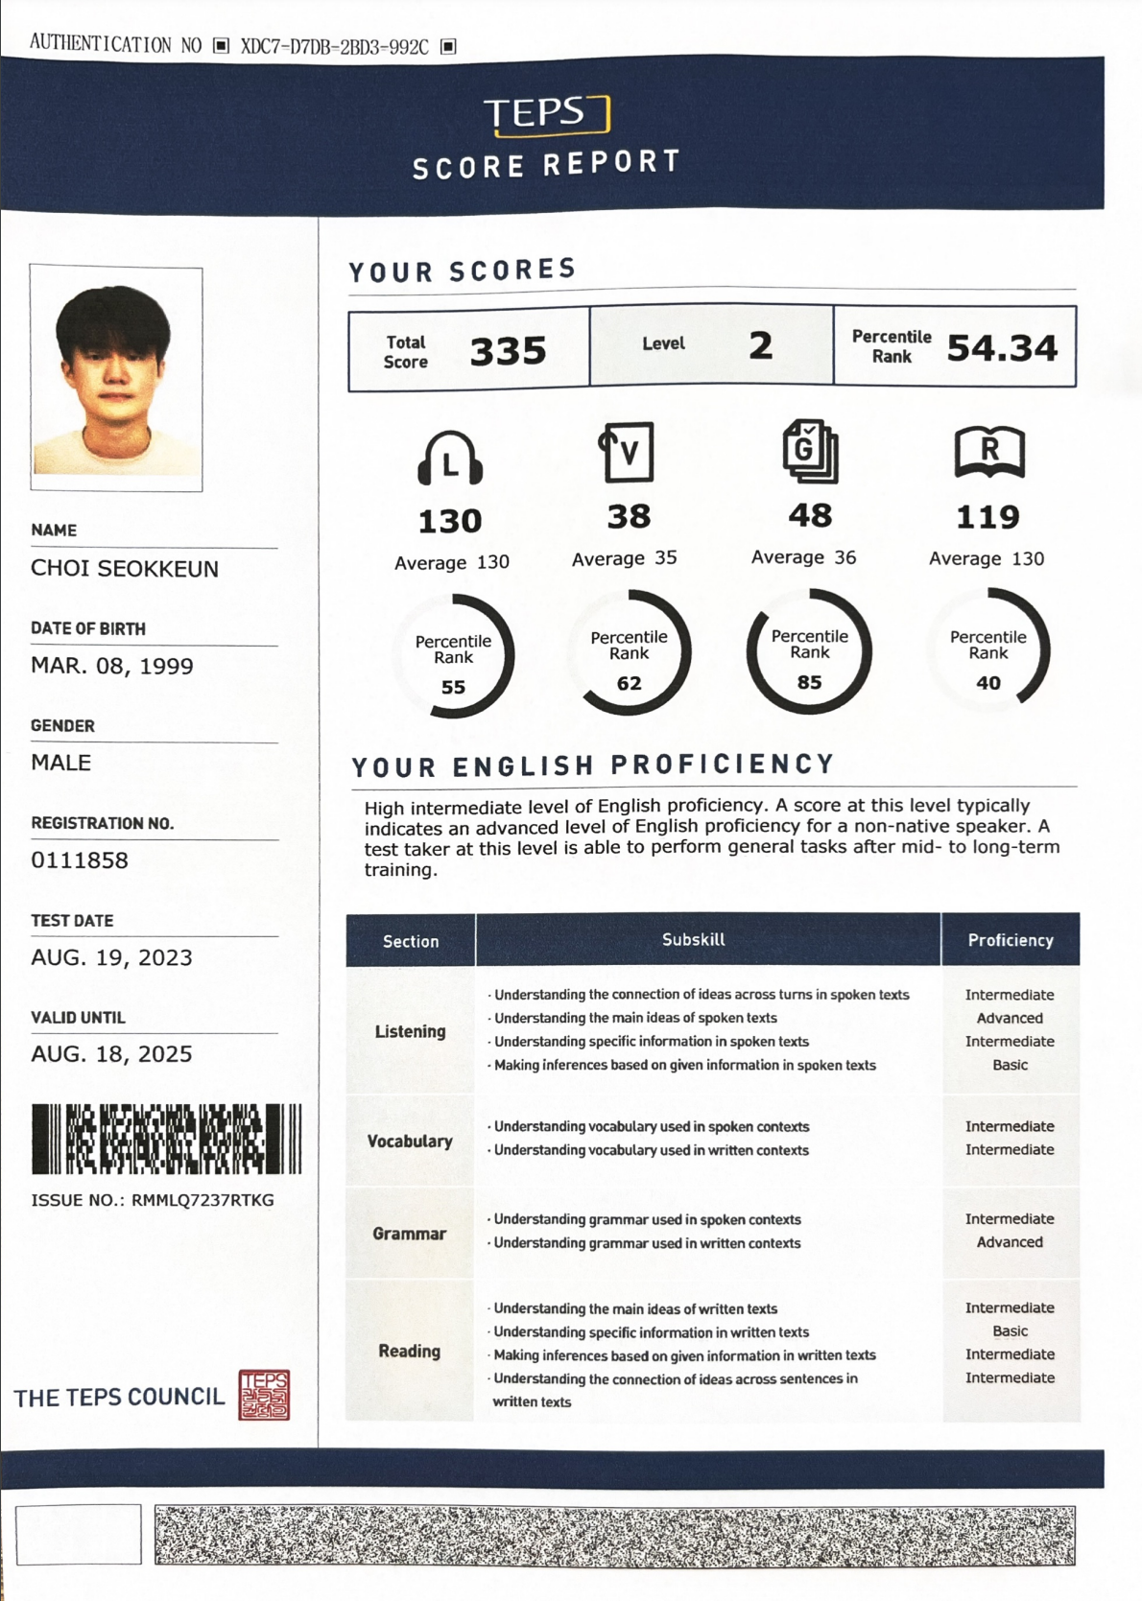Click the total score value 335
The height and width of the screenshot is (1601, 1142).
click(x=508, y=351)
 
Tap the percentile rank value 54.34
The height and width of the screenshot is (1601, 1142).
click(x=1002, y=348)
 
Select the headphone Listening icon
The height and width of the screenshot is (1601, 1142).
click(x=450, y=459)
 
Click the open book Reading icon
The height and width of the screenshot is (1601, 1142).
click(x=989, y=452)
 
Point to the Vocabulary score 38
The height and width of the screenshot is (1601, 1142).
click(x=630, y=517)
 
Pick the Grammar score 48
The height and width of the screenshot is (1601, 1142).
click(x=810, y=516)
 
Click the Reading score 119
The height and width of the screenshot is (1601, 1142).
click(x=988, y=518)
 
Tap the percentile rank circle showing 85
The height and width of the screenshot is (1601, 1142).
click(x=809, y=652)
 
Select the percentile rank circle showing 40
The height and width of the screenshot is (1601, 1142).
click(x=988, y=652)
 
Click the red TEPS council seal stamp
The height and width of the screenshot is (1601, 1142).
click(x=264, y=1395)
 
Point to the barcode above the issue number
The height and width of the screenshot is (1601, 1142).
click(x=166, y=1139)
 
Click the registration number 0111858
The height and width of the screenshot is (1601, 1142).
click(x=80, y=860)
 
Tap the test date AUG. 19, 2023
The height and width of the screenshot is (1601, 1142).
click(x=111, y=957)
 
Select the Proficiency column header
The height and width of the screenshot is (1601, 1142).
click(x=1010, y=940)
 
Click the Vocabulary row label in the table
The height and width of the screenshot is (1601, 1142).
click(x=410, y=1141)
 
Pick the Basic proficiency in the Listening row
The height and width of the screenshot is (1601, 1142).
click(x=1010, y=1065)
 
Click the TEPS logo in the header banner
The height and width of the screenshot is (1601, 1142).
click(x=547, y=114)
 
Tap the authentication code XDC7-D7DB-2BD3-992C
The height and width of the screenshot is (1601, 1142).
click(x=334, y=46)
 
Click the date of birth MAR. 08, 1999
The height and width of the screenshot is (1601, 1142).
click(x=112, y=666)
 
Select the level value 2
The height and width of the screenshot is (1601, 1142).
click(x=760, y=345)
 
